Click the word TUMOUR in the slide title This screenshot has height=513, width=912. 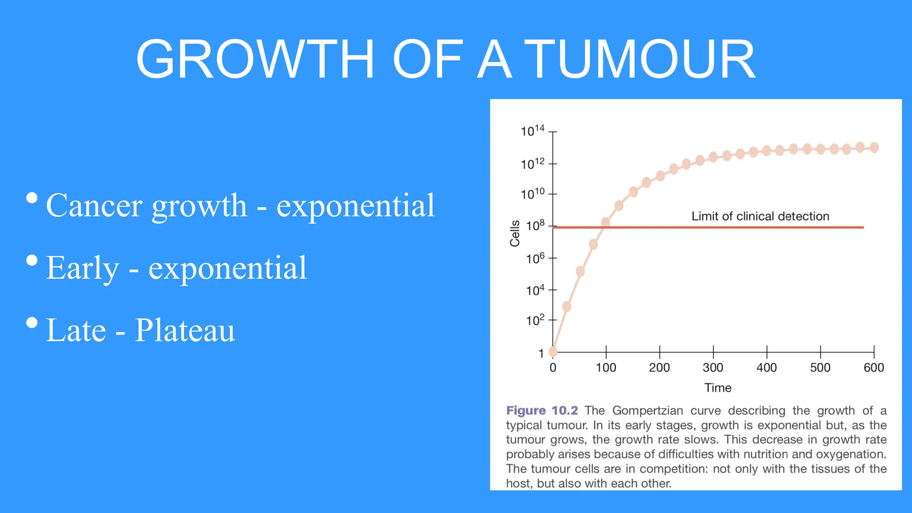pos(641,59)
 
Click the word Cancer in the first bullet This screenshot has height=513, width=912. pos(94,206)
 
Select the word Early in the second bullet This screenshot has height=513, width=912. pos(82,268)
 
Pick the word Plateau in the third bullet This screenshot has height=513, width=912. pos(185,330)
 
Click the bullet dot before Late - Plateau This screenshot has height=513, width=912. pos(32,322)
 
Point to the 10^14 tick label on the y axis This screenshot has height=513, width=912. pos(532,131)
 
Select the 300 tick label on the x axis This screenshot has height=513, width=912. pos(712,368)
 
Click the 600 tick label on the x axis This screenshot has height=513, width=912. pos(873,368)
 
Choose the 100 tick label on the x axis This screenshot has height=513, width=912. pos(606,368)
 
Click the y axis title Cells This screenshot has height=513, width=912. pos(515,233)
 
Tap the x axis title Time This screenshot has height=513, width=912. pos(717,388)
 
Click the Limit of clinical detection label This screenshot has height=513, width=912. pos(760,216)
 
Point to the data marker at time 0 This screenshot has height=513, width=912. pos(553,352)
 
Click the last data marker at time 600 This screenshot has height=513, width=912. pos(874,147)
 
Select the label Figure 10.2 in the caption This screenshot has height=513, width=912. pos(541,411)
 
